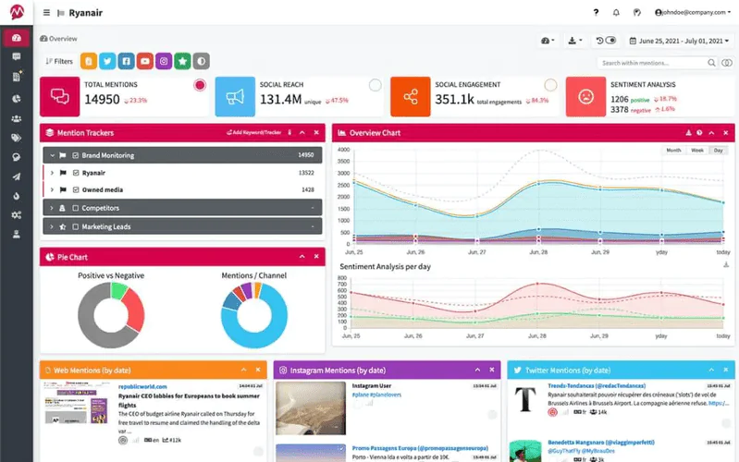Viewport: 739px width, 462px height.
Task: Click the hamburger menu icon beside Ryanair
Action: click(46, 13)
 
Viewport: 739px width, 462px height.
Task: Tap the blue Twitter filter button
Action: click(108, 62)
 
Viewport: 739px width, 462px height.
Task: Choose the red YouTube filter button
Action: click(145, 62)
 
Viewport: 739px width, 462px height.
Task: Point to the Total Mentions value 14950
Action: click(102, 99)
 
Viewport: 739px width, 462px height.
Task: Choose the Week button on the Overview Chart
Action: click(697, 150)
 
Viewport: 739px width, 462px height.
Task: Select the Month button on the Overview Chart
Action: click(674, 150)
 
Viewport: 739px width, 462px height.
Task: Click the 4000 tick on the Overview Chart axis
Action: click(343, 150)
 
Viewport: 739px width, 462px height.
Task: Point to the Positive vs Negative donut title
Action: click(112, 275)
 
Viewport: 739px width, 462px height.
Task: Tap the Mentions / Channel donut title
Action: click(253, 275)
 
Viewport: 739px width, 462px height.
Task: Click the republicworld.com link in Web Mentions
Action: click(142, 386)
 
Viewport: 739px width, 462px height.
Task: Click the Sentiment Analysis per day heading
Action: click(386, 266)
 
